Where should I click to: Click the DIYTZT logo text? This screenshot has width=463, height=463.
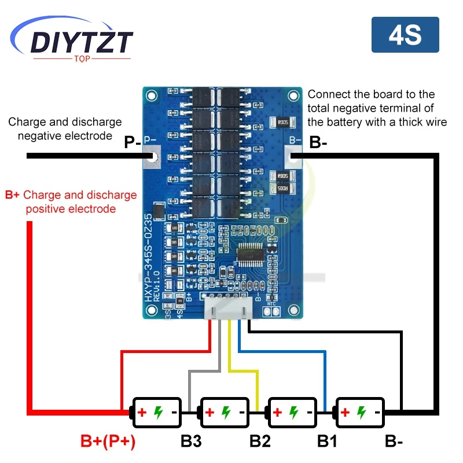point(81,42)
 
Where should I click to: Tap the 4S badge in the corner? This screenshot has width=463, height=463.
point(405,35)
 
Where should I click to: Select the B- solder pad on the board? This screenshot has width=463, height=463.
point(294,156)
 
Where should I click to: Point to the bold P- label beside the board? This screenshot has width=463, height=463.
point(133,142)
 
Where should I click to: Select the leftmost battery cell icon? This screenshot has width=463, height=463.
point(157,412)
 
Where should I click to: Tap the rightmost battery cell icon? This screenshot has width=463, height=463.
point(360,412)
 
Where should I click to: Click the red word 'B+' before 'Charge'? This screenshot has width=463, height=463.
point(12,195)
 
